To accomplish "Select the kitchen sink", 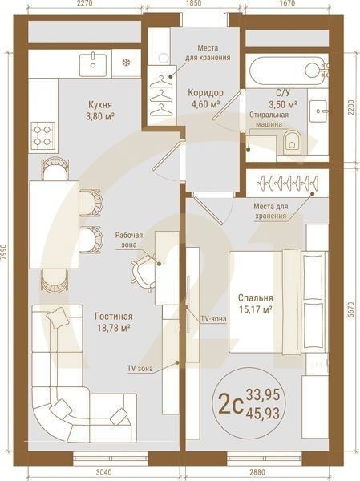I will pos(95,60).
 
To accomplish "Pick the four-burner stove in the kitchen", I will pos(42,131).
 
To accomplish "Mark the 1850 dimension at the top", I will pos(192,5).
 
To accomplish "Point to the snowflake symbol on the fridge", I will pos(124,61).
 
